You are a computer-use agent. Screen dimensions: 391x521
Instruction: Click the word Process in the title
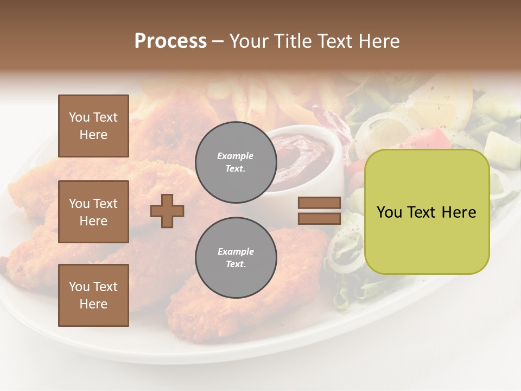tap(170, 41)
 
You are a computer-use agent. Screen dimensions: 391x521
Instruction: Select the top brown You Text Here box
tap(93, 126)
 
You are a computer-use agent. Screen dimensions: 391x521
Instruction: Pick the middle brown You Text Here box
tap(93, 212)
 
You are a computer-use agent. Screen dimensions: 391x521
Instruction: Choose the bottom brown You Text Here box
tap(93, 295)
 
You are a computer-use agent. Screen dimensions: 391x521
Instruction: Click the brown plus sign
tap(167, 211)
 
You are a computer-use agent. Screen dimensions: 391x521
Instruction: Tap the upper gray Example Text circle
tap(236, 162)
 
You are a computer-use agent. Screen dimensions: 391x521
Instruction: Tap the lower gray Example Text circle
tap(236, 258)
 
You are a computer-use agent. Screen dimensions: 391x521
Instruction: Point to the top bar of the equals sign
tap(319, 203)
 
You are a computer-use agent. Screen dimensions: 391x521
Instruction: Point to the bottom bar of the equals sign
tap(319, 218)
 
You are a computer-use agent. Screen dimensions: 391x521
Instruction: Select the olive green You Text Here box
tap(427, 212)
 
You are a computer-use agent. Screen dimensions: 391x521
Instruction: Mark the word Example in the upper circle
tap(236, 156)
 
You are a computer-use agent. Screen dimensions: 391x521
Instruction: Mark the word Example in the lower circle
tap(236, 251)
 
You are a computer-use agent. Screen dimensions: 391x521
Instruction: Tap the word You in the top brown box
tap(79, 117)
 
